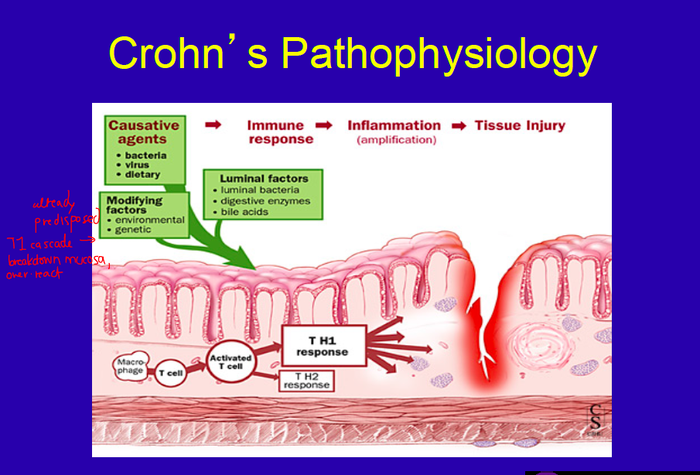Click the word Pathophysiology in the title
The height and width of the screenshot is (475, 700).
pos(439,54)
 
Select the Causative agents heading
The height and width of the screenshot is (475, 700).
pos(143,132)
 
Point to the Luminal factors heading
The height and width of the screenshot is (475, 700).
pos(264,179)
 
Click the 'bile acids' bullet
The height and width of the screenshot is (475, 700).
pos(244,212)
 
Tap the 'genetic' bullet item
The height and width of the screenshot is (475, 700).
pos(133,230)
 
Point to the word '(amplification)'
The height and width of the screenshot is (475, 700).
pos(396,140)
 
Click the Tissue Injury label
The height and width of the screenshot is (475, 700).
pos(520,125)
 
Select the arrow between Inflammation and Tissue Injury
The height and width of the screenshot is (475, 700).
pos(459,126)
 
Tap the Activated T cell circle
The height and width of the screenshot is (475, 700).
pos(230,361)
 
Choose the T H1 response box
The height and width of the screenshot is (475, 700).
pos(323,345)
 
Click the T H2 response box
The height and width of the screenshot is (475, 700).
pos(306,380)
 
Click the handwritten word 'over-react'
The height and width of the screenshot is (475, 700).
pos(30,275)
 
